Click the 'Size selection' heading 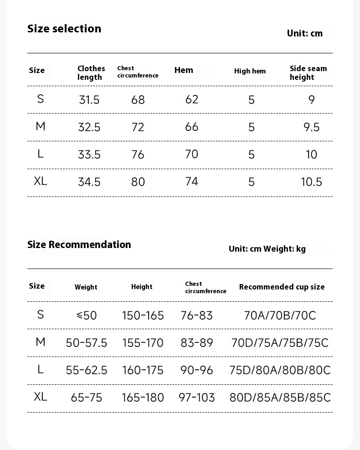pos(64,29)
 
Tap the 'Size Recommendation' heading pos(79,245)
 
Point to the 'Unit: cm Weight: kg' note pos(267,249)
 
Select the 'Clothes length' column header pos(91,73)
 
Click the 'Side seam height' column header pos(308,73)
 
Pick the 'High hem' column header pos(250,71)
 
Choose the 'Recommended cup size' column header pos(282,287)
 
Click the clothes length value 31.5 pos(89,100)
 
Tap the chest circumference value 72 pos(138,127)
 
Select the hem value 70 pos(191,154)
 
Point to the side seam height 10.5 pos(311,182)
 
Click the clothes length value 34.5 pos(89,182)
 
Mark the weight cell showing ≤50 pos(87,316)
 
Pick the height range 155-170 pos(143,343)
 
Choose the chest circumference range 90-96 pos(196,370)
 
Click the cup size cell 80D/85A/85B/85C pos(280,398)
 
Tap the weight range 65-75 pos(87,398)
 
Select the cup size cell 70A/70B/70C pos(280,316)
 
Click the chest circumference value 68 pos(138,100)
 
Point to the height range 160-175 pos(143,370)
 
